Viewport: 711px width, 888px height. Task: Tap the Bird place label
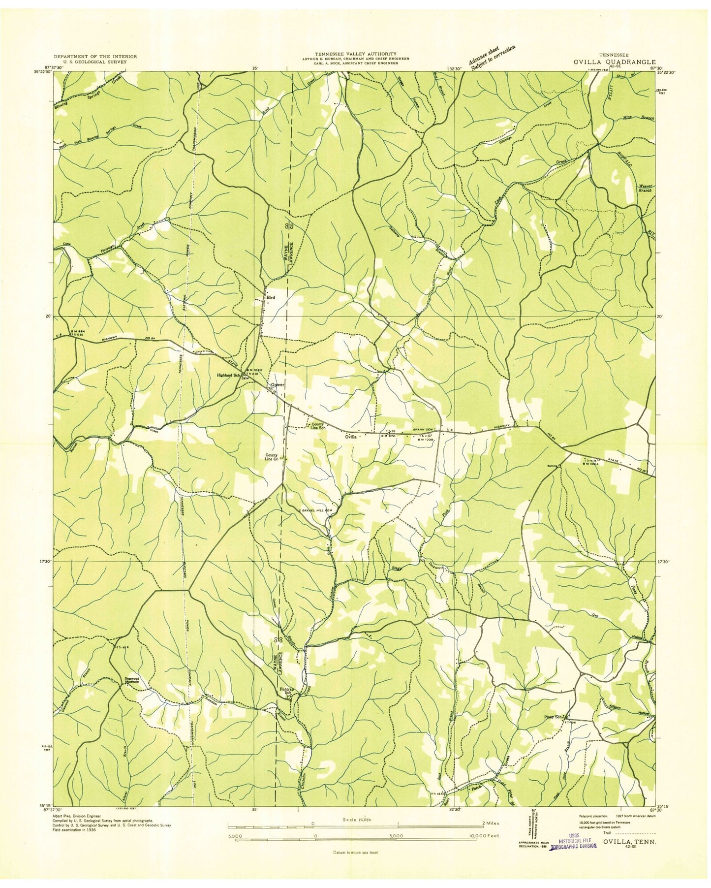[270, 298]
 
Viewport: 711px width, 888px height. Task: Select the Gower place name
[277, 385]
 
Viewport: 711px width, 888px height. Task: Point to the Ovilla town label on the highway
[350, 436]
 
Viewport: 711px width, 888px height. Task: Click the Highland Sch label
[228, 375]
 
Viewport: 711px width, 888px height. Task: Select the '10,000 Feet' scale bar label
[483, 836]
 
